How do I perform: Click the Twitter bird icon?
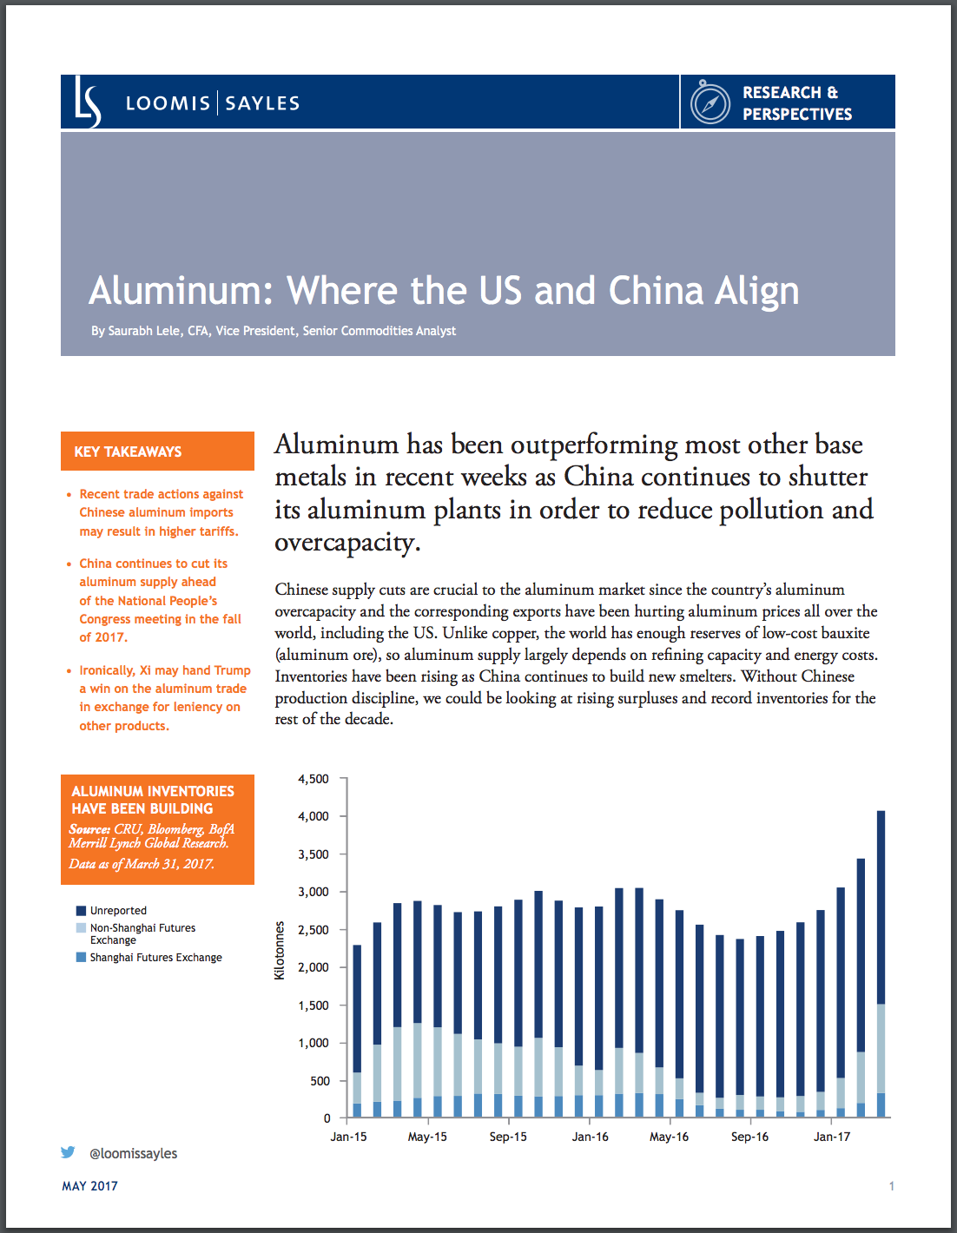coord(68,1152)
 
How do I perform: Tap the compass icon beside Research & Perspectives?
coord(709,103)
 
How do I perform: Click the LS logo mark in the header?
coord(88,102)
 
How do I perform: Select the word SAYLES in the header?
coord(262,103)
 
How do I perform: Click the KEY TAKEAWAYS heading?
coord(128,452)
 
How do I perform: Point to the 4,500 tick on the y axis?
coord(313,779)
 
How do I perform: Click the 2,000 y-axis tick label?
coord(313,967)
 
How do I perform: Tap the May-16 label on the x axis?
coord(669,1137)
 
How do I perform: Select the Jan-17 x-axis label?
coord(832,1137)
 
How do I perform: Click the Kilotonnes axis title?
coord(280,950)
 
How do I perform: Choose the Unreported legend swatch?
coord(81,911)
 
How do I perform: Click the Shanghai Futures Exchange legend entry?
coord(155,958)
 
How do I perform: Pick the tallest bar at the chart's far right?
coord(881,964)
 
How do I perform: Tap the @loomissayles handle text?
coord(133,1153)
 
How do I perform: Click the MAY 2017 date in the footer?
coord(89,1186)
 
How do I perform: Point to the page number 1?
coord(891,1186)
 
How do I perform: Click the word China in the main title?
coord(655,291)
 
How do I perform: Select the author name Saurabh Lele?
coord(144,331)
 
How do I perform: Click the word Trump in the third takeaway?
coord(232,670)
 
